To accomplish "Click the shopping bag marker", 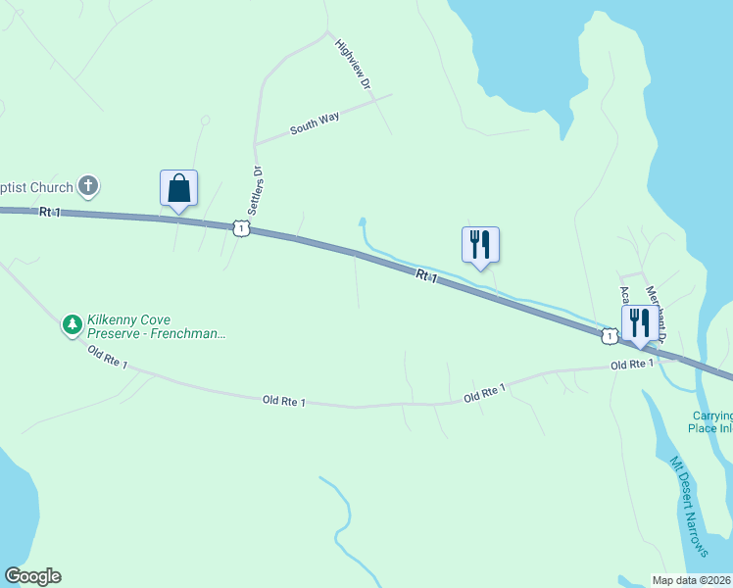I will click(x=178, y=187).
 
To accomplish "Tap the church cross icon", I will click(x=89, y=185).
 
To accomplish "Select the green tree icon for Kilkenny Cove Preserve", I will click(x=72, y=324).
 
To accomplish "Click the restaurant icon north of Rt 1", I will click(x=480, y=244).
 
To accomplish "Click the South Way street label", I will click(x=315, y=123).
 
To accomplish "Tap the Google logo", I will click(x=32, y=576).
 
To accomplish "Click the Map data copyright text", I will click(x=692, y=580).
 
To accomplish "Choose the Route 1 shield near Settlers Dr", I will click(x=241, y=228).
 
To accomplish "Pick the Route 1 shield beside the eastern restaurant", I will click(x=610, y=336).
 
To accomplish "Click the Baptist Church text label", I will click(x=35, y=187).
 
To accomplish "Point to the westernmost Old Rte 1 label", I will click(x=108, y=357).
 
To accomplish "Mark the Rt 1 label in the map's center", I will click(x=425, y=277).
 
